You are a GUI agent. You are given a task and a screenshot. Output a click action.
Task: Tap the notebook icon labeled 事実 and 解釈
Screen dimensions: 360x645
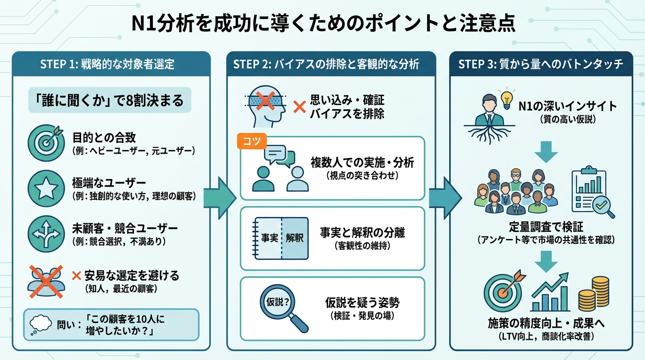[x=280, y=238]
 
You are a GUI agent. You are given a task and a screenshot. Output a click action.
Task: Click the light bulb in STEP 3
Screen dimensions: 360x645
[x=506, y=99]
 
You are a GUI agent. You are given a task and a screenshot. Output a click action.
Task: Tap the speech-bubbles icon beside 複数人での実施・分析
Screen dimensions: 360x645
[x=280, y=169]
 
